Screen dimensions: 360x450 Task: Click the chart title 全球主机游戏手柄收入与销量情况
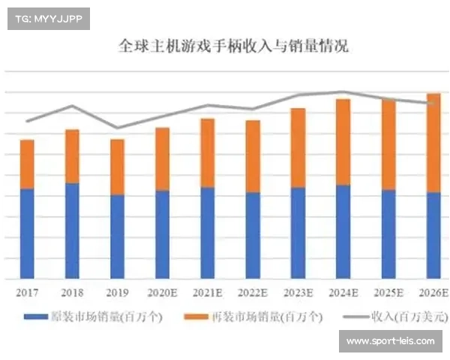click(233, 46)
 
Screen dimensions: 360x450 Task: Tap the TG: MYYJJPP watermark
click(48, 19)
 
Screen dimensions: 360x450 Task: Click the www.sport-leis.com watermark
click(390, 341)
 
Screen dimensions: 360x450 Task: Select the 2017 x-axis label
click(27, 292)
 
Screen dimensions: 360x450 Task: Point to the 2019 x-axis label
click(117, 292)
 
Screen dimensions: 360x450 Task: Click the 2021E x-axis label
click(208, 292)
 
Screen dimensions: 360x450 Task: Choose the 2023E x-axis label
click(298, 292)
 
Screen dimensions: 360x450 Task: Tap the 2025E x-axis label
click(388, 292)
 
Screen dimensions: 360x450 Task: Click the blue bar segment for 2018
click(72, 230)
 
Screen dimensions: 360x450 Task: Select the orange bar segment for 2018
click(72, 156)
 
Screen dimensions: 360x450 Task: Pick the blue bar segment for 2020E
click(162, 234)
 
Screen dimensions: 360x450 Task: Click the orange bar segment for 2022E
click(253, 156)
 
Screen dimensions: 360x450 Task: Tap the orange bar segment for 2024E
click(343, 142)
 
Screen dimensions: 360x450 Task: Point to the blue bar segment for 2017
click(27, 233)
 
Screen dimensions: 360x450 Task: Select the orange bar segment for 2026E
click(433, 142)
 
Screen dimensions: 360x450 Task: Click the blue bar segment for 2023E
click(298, 232)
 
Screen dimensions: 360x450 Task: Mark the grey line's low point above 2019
click(117, 127)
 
